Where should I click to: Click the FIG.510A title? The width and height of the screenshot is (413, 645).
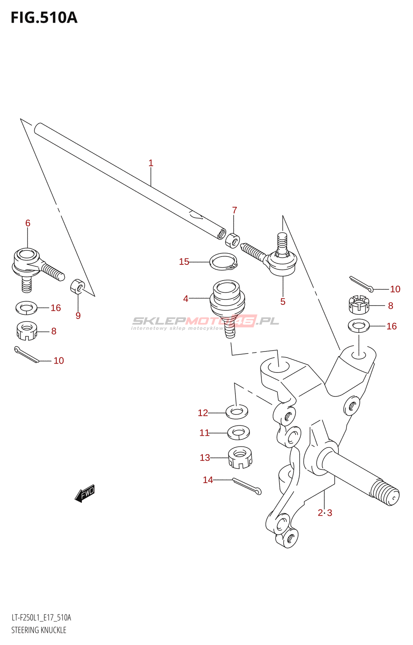(x=44, y=18)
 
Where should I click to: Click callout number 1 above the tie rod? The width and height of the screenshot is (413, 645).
(x=151, y=163)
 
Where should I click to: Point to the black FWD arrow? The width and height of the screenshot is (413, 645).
(x=85, y=493)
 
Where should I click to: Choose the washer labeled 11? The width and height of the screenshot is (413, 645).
(x=238, y=433)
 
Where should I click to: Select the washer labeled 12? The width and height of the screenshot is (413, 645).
(x=237, y=412)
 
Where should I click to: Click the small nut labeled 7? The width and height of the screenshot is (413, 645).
(x=233, y=240)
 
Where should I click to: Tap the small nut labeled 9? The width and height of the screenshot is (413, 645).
(x=77, y=286)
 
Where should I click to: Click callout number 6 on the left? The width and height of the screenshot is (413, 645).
(x=28, y=223)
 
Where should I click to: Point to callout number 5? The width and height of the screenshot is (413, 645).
(x=283, y=302)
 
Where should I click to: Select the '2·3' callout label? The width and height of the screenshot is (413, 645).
(x=325, y=513)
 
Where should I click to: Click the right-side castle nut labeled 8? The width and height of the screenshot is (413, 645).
(x=359, y=305)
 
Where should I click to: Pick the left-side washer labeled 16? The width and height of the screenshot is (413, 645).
(x=26, y=308)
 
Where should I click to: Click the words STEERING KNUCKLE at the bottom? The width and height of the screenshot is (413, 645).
(x=39, y=630)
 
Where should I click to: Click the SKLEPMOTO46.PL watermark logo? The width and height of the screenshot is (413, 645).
(x=206, y=322)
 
